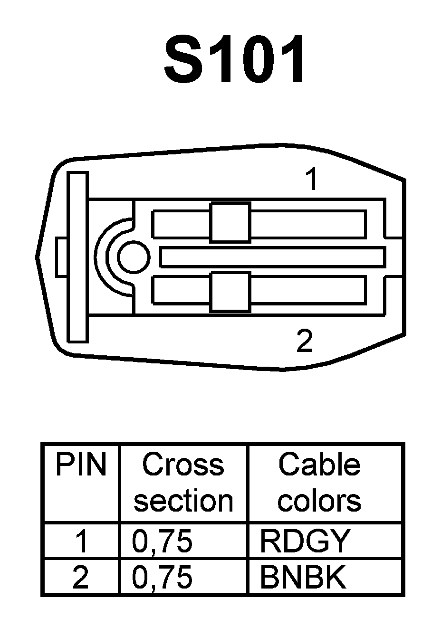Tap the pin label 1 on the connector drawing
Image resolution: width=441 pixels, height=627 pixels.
tap(312, 180)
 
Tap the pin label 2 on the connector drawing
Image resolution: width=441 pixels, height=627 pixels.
tap(304, 340)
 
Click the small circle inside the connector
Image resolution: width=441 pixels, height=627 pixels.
tap(134, 257)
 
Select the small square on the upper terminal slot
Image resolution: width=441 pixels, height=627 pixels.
tap(230, 222)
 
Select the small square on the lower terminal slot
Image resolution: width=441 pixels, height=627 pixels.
tap(230, 292)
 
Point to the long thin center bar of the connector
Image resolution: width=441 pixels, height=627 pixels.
tap(272, 257)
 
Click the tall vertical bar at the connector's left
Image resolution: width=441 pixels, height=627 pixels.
tap(77, 257)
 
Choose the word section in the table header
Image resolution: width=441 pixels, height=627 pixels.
tap(183, 501)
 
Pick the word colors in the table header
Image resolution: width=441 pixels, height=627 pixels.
tap(319, 501)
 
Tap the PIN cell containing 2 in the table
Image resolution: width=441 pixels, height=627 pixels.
tap(81, 577)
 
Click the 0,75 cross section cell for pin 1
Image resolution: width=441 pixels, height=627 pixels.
tap(162, 541)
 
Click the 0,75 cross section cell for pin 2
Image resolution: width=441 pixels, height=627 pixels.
tap(162, 577)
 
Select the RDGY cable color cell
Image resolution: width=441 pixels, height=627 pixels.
tap(305, 541)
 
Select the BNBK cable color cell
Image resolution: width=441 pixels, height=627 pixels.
tap(303, 577)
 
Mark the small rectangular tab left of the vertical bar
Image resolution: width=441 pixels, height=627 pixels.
tap(62, 257)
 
